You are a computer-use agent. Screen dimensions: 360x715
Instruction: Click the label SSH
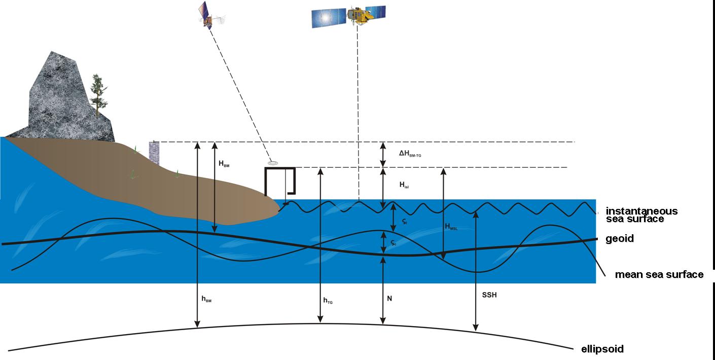tap(490, 295)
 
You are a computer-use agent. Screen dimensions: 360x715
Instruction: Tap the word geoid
tap(620, 238)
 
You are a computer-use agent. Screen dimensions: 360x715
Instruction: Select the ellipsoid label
tap(602, 349)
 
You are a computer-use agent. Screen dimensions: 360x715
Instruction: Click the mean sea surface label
tap(659, 274)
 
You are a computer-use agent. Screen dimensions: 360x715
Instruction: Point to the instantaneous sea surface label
tap(641, 215)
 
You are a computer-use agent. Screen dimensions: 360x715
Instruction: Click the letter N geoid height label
tap(389, 299)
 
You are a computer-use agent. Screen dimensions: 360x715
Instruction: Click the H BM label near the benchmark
tap(224, 163)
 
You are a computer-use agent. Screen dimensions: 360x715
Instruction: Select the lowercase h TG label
tap(328, 301)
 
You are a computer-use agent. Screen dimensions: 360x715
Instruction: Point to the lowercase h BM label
tap(206, 299)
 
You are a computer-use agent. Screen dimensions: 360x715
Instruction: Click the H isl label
tap(404, 186)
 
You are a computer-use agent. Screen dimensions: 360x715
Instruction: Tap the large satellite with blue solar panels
tap(348, 16)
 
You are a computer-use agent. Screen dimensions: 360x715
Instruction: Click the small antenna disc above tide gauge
tap(273, 163)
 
